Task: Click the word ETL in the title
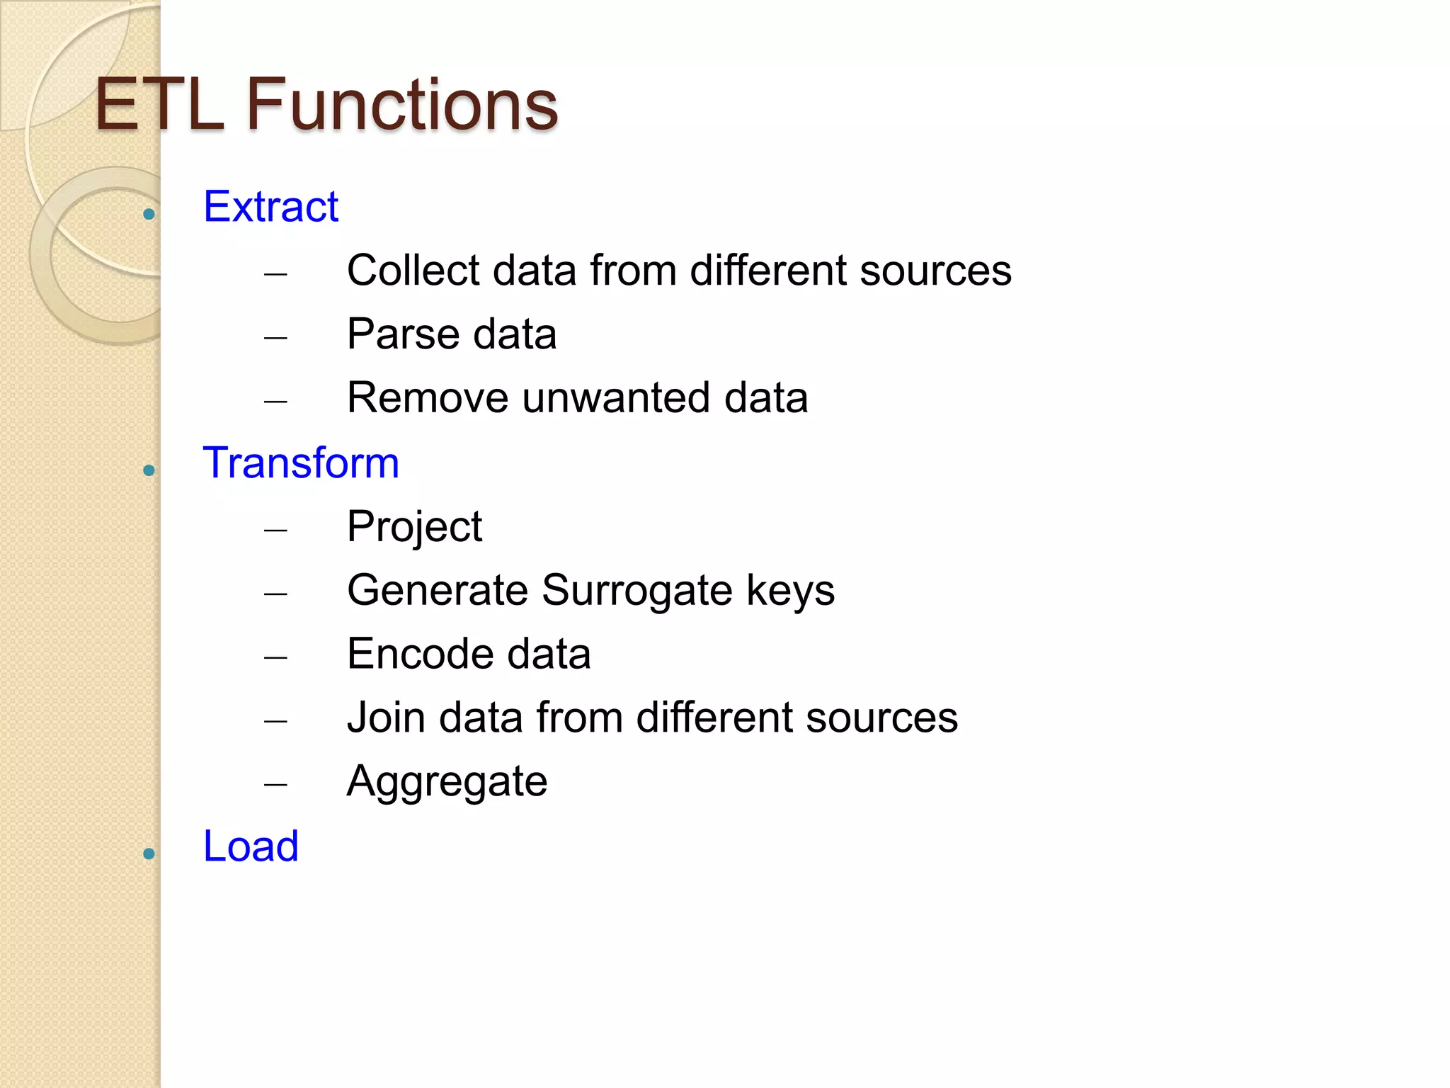159,105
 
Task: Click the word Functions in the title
401,105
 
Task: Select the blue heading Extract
270,207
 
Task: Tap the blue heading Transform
301,463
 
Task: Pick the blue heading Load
251,846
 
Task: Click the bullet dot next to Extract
149,214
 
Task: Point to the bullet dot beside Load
149,854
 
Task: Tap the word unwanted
616,398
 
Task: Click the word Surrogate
636,591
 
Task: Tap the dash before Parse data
275,338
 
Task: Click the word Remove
427,398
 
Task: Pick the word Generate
437,591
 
